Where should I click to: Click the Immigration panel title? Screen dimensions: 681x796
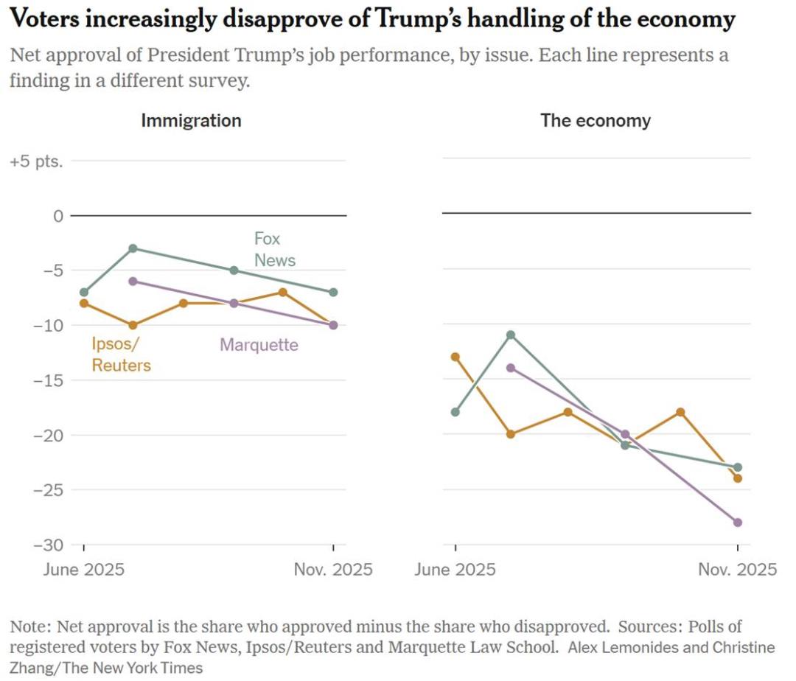point(191,120)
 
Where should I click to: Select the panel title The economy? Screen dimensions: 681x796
point(596,120)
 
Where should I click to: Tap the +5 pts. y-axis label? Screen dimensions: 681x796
point(36,161)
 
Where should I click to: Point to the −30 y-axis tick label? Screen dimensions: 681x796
point(46,544)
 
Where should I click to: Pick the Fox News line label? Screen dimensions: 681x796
point(274,249)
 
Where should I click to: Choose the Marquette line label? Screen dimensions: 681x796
point(259,344)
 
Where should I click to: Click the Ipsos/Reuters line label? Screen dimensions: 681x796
point(121,354)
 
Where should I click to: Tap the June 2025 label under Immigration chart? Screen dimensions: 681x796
point(83,570)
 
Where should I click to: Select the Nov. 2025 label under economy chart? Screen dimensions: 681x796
point(737,570)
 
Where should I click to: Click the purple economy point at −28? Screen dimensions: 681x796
point(737,522)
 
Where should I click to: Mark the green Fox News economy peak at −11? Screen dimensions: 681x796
point(511,335)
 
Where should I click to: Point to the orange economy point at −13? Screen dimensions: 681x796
point(455,357)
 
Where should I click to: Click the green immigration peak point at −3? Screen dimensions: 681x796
point(133,248)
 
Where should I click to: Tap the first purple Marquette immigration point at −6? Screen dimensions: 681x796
point(133,281)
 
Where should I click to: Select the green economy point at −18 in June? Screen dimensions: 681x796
point(455,412)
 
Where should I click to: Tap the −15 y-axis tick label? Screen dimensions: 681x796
point(46,380)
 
